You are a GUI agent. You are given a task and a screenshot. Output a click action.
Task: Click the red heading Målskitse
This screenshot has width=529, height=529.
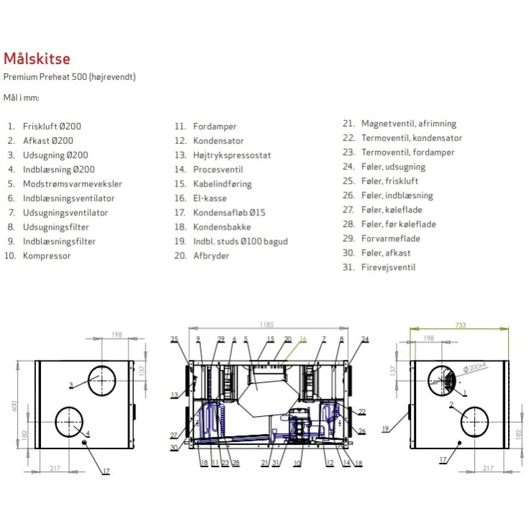tap(37, 59)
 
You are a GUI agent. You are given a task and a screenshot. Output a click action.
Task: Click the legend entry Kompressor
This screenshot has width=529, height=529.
tap(47, 256)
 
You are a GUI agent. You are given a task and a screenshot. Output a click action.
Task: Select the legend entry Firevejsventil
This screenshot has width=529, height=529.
tap(388, 267)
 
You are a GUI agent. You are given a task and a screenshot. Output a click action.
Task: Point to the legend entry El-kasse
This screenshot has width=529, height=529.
tap(209, 198)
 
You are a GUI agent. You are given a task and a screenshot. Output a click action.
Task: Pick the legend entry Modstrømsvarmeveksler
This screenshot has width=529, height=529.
tap(72, 184)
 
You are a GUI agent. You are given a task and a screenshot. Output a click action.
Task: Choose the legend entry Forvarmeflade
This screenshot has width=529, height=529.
tap(390, 238)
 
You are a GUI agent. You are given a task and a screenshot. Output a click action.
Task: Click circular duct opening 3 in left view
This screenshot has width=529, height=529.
tap(102, 379)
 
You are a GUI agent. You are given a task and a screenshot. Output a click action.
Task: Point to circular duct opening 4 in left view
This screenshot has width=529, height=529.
tap(71, 422)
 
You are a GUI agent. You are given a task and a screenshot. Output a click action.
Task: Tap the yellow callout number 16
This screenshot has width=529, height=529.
tap(302, 338)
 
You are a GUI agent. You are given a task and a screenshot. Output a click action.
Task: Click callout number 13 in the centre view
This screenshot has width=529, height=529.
tap(174, 394)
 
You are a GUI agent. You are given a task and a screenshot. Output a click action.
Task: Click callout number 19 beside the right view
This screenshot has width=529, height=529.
tap(386, 429)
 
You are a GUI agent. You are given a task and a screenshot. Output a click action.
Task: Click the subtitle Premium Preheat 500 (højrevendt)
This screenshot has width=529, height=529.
tap(70, 76)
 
